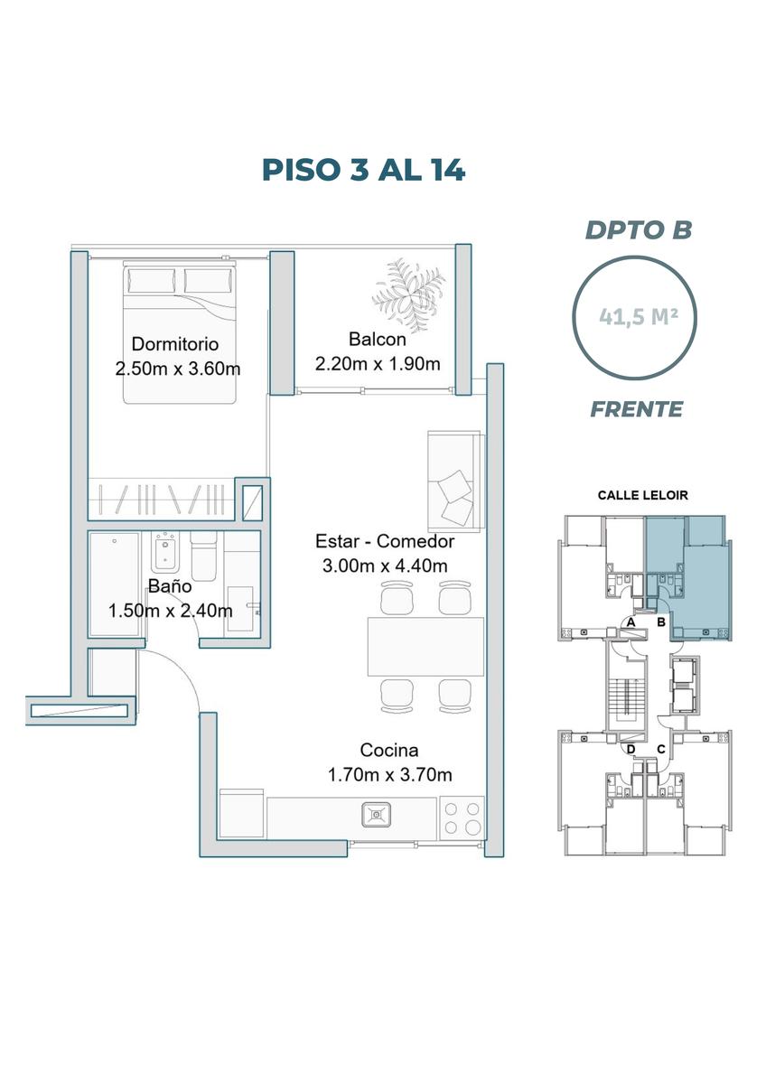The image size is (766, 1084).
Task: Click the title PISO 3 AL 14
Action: [x=363, y=171]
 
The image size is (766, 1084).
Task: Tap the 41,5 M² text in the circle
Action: [x=639, y=317]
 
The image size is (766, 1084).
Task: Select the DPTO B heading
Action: [x=639, y=230]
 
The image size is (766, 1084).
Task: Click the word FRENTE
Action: [x=637, y=409]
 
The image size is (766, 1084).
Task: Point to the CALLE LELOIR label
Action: [x=642, y=496]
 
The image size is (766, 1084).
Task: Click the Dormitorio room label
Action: [x=175, y=344]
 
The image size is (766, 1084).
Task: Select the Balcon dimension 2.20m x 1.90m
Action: [x=378, y=363]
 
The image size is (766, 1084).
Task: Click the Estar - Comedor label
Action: [x=385, y=541]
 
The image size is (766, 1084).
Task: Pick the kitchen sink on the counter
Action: [x=376, y=815]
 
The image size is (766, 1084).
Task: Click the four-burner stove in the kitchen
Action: [x=462, y=818]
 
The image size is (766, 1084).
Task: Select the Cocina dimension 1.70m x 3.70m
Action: [x=390, y=775]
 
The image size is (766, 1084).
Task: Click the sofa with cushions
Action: [x=455, y=481]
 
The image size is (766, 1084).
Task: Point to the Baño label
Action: [x=170, y=586]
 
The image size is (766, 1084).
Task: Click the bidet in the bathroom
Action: [x=165, y=554]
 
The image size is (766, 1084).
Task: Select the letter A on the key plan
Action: [x=631, y=622]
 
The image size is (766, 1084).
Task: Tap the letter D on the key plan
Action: [x=631, y=750]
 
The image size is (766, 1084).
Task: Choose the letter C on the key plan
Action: [x=661, y=750]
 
